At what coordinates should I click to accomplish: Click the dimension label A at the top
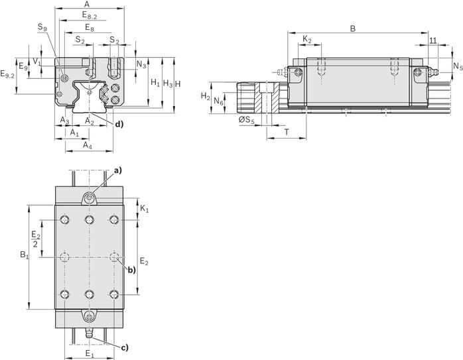86,4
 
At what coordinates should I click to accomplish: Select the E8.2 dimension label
90,15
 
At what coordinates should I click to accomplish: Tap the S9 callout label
42,27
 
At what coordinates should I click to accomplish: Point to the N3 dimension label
141,64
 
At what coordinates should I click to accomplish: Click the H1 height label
155,83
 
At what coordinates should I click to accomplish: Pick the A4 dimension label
88,145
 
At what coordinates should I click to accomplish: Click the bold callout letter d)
119,125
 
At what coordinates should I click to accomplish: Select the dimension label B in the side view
353,29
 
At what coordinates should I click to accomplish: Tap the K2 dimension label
307,39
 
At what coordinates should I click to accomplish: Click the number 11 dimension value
433,40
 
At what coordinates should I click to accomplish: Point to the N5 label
458,66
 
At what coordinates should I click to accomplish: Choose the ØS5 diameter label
246,120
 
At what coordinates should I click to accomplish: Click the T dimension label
287,132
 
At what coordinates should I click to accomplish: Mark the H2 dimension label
206,96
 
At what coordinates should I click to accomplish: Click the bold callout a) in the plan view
118,170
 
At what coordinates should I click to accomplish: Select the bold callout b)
131,270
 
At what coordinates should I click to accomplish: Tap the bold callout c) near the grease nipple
125,347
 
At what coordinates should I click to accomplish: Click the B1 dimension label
25,255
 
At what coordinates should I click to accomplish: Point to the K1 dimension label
145,209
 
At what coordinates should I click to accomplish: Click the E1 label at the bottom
89,353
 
